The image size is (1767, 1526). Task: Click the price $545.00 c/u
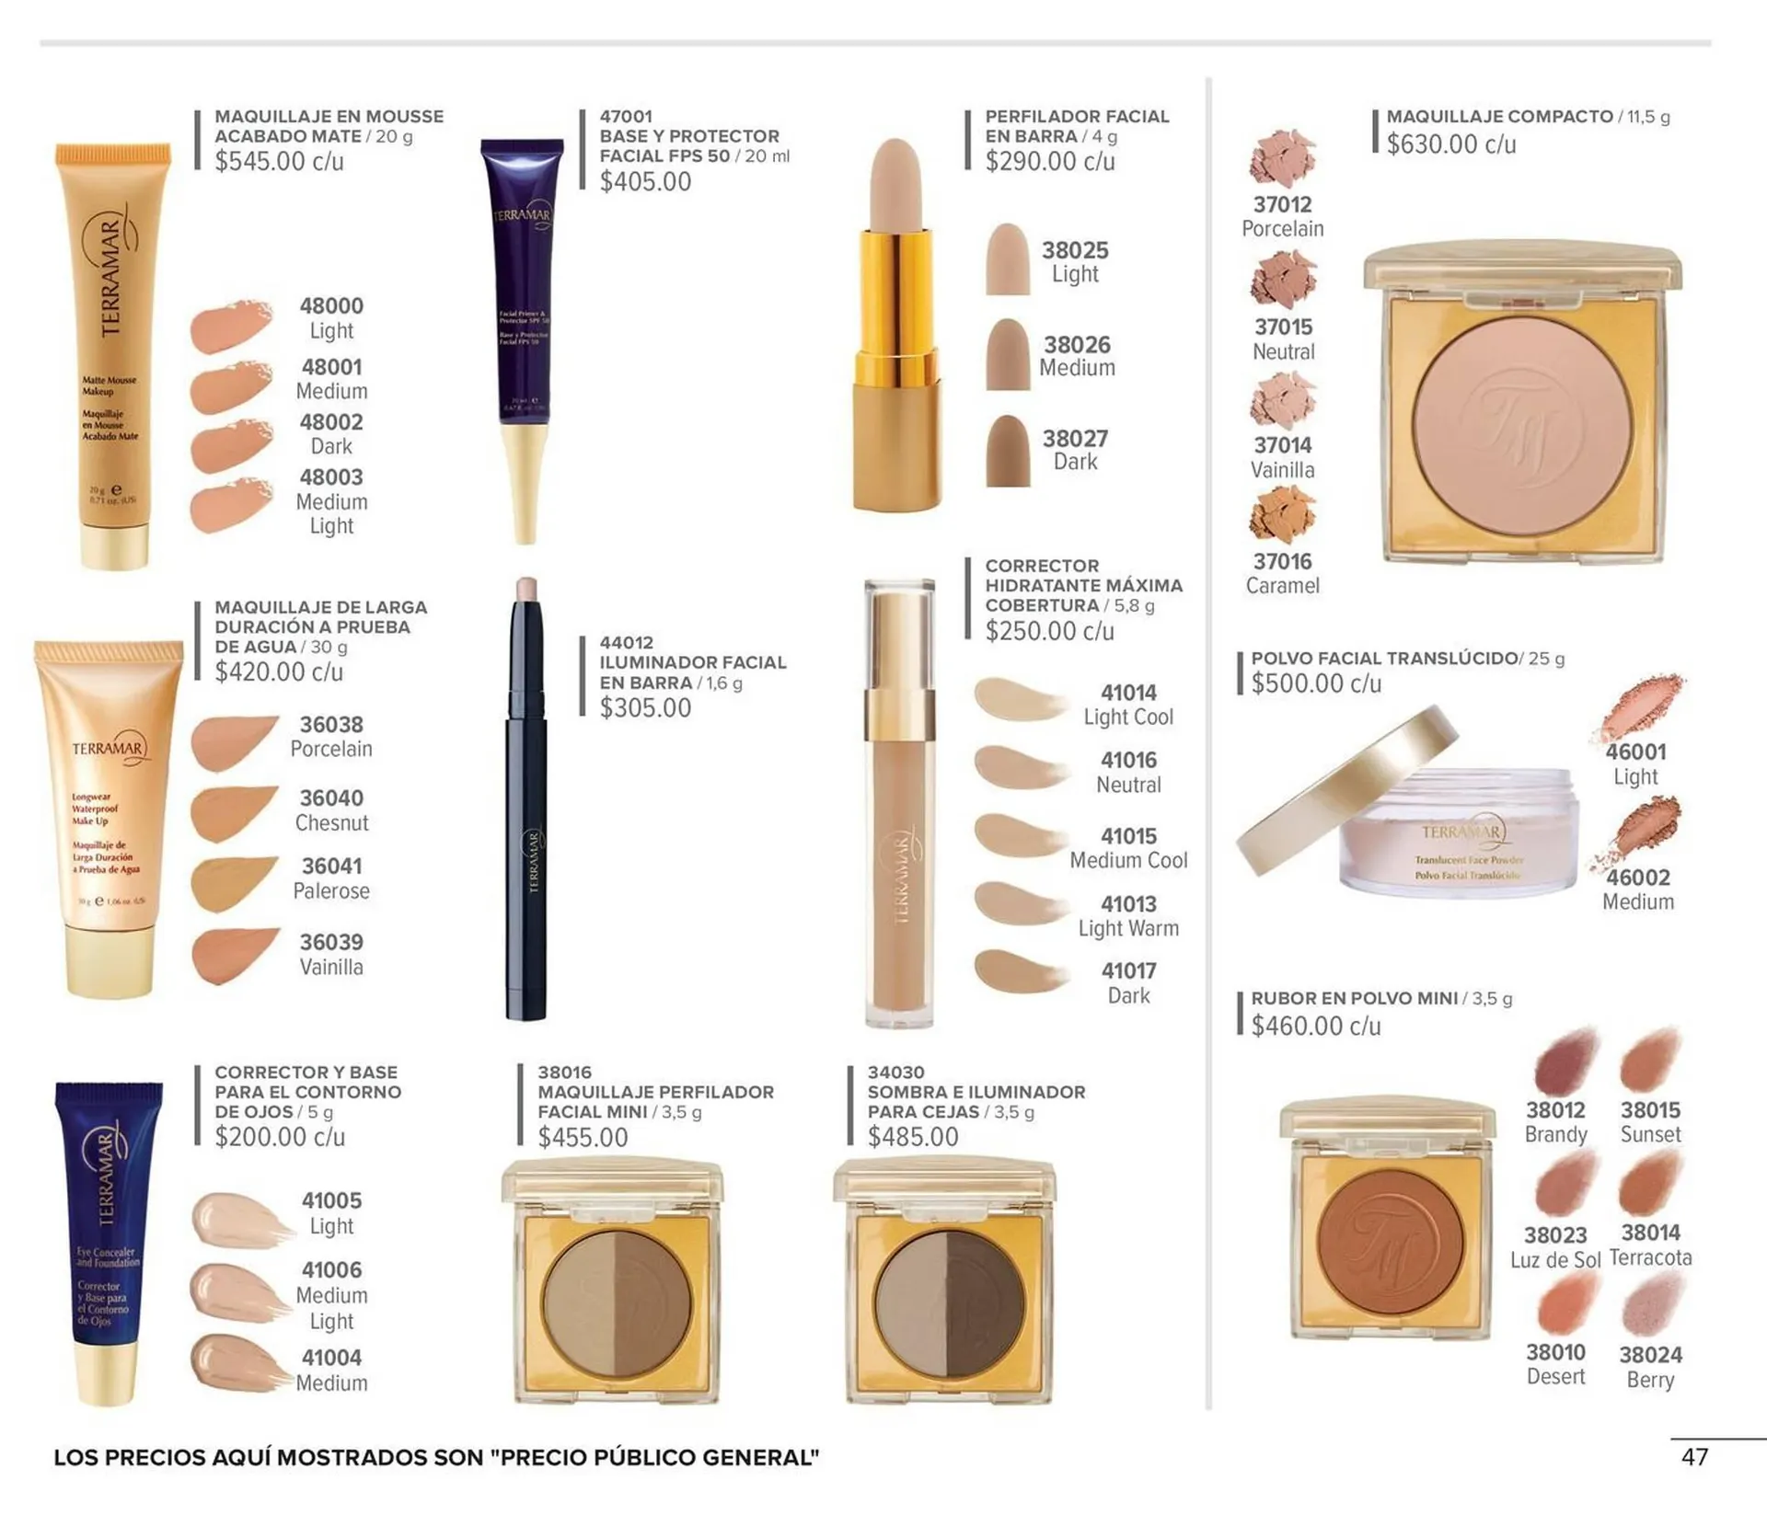click(x=279, y=162)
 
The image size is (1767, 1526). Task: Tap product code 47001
click(x=626, y=117)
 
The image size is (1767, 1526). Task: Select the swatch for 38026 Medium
click(x=1008, y=355)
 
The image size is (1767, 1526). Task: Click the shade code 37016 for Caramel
click(x=1282, y=561)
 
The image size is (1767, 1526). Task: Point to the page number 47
click(x=1694, y=1457)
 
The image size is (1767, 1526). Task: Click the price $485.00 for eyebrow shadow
click(x=913, y=1137)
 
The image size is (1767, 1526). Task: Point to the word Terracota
click(x=1650, y=1257)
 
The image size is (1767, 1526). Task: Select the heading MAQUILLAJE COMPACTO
click(x=1499, y=117)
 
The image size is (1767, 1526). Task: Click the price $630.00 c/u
click(x=1451, y=144)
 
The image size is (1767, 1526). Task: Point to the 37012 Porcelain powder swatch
click(x=1282, y=159)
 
